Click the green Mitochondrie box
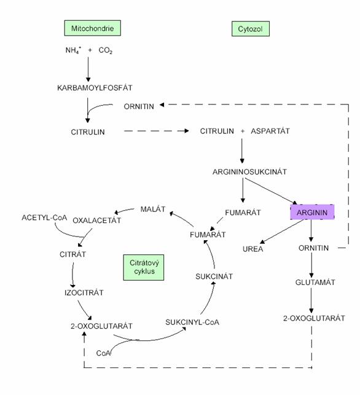pyautogui.click(x=92, y=28)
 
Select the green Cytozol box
pyautogui.click(x=251, y=29)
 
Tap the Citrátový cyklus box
pyautogui.click(x=144, y=267)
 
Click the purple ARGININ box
pyautogui.click(x=312, y=212)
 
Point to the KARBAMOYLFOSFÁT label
pyautogui.click(x=95, y=88)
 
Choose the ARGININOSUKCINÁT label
pyautogui.click(x=249, y=172)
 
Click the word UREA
pyautogui.click(x=252, y=249)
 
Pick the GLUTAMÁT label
pyautogui.click(x=315, y=282)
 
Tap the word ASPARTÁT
pyautogui.click(x=270, y=131)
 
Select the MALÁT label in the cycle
pyautogui.click(x=153, y=209)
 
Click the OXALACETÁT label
pyautogui.click(x=96, y=221)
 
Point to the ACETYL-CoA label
pyautogui.click(x=44, y=217)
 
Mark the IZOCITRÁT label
pyautogui.click(x=84, y=292)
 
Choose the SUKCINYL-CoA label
pyautogui.click(x=192, y=322)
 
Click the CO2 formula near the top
pyautogui.click(x=105, y=50)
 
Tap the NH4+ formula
pyautogui.click(x=73, y=50)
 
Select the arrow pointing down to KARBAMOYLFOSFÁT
pyautogui.click(x=88, y=69)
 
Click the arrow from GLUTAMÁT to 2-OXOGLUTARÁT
pyautogui.click(x=311, y=300)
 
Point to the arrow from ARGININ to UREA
pyautogui.click(x=282, y=232)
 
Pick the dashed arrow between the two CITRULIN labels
pyautogui.click(x=157, y=131)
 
